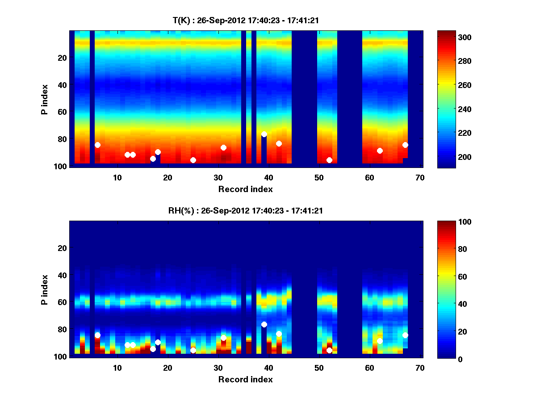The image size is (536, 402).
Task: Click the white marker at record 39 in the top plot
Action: coord(264,134)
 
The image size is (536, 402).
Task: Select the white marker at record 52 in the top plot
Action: coord(329,160)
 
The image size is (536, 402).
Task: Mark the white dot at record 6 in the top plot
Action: coord(97,145)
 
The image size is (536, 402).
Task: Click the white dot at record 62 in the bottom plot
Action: coord(380,341)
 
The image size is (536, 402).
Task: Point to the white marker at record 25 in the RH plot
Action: coord(193,350)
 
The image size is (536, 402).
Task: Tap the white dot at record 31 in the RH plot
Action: coord(223,338)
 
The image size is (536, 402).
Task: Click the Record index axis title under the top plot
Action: coord(245,189)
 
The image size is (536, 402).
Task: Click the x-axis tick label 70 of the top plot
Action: coord(420,177)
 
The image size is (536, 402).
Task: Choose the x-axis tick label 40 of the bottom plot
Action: coord(268,368)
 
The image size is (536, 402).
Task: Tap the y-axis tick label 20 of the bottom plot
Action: coord(62,248)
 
